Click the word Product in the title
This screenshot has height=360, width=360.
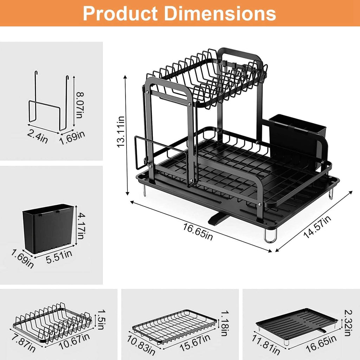[x=120, y=13]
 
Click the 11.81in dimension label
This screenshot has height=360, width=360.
[x=266, y=344]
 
